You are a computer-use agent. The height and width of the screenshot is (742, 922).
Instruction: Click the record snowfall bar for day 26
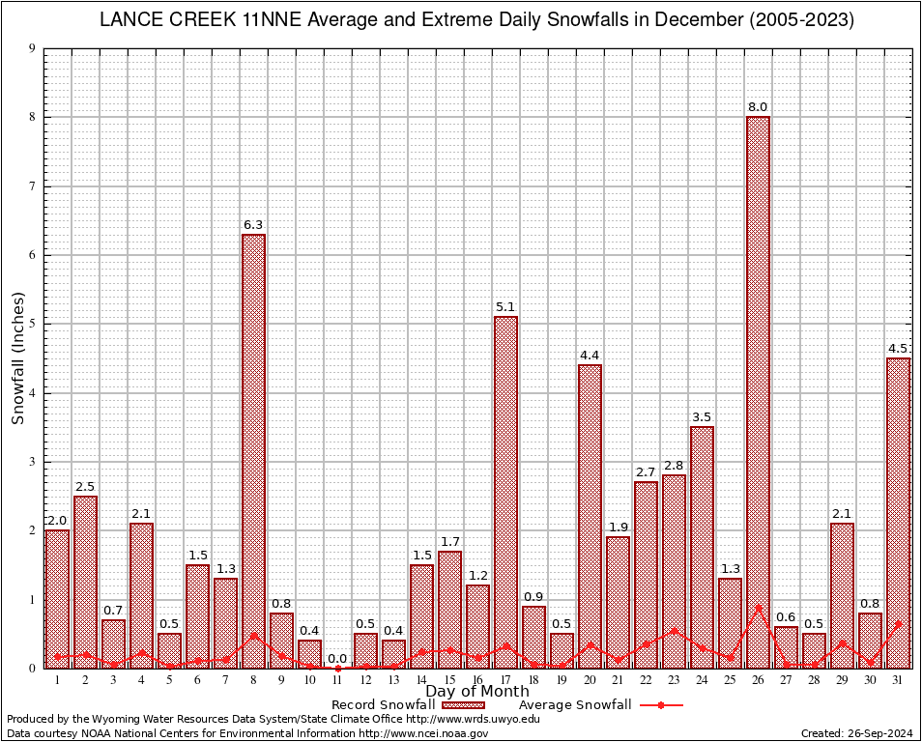tap(758, 386)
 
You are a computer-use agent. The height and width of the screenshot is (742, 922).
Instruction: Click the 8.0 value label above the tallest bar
tap(758, 107)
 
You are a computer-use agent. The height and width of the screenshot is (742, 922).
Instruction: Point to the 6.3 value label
tap(253, 225)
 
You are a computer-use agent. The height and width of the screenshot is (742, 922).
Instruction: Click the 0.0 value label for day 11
tap(337, 659)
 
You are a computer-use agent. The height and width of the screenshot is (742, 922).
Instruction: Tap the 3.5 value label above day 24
tap(702, 417)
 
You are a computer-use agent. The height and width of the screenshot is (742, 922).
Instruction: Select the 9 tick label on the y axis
tap(33, 48)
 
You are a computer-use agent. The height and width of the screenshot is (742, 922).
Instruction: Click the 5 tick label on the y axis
tap(33, 325)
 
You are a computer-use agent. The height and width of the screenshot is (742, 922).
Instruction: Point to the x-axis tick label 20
tap(590, 680)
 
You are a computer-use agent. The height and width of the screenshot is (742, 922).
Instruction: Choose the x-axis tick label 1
tap(57, 680)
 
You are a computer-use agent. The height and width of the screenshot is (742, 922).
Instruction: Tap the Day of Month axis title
tap(477, 692)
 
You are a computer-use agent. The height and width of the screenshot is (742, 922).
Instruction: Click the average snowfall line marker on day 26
tap(758, 607)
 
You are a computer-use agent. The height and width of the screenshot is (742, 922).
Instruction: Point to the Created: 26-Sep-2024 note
tap(856, 734)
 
